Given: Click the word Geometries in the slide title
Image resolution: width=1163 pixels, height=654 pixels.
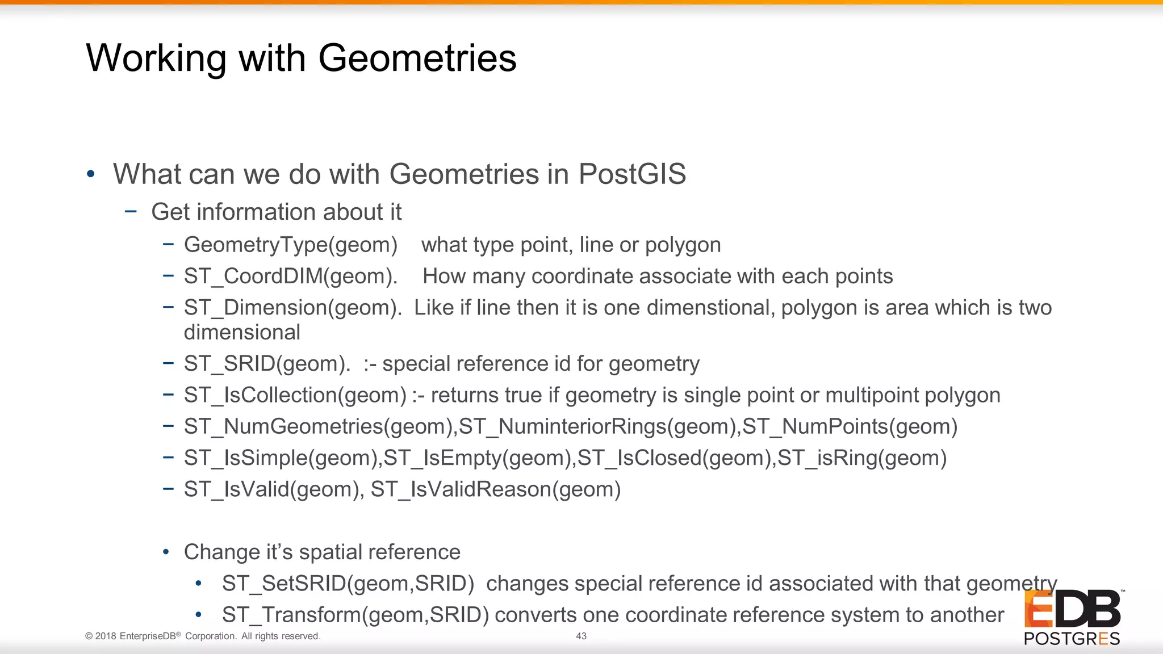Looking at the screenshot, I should [417, 58].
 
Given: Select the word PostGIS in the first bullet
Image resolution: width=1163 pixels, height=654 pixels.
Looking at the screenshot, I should [632, 174].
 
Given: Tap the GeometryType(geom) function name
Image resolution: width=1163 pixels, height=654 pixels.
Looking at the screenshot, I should [291, 245].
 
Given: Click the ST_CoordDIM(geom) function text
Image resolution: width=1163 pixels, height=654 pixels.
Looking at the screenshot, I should [290, 276].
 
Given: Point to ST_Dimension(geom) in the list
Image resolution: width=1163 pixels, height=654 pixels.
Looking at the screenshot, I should [292, 308].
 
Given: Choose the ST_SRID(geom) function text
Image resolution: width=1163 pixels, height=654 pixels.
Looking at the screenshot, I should [267, 364].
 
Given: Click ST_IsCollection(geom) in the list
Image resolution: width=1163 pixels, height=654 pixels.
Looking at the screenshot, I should [295, 395].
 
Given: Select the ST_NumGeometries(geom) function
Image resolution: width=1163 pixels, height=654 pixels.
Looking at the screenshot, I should [319, 427].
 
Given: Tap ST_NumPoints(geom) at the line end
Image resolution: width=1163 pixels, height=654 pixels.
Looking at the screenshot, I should [850, 427].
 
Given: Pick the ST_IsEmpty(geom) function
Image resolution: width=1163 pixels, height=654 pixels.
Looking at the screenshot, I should [479, 458].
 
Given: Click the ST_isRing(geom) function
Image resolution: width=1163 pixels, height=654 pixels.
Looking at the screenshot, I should [861, 458].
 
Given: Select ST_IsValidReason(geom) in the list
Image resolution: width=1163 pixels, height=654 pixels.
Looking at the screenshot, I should [495, 489].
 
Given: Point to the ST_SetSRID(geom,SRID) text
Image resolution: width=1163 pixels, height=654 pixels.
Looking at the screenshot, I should [348, 584].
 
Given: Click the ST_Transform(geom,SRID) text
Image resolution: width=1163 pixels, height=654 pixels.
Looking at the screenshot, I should [355, 615].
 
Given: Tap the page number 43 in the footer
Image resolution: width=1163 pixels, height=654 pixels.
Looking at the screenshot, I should [581, 636].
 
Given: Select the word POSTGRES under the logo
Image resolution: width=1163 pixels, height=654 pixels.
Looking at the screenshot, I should [1072, 639].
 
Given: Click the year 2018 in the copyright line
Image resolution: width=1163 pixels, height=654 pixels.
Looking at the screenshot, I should [106, 636].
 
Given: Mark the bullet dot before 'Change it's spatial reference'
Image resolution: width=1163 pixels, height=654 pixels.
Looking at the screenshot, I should [166, 552].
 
